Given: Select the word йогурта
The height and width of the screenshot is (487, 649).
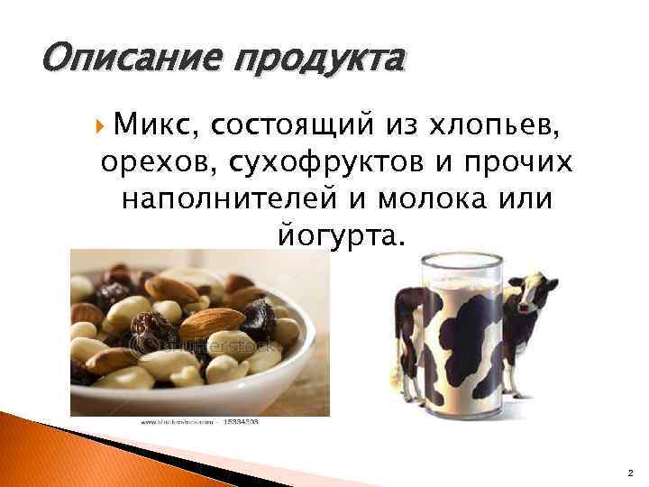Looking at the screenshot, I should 338,236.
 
